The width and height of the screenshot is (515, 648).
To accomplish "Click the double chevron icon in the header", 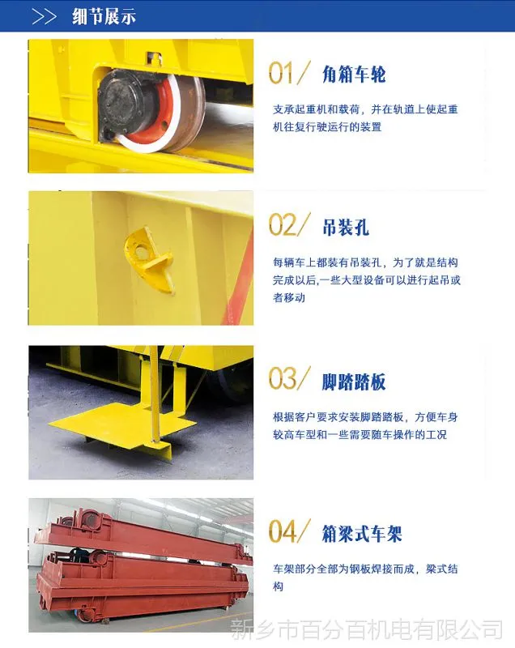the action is (44, 17).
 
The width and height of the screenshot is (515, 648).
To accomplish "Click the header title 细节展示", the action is (104, 17).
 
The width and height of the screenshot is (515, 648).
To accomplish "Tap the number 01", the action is (280, 73).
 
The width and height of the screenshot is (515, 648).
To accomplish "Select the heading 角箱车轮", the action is (354, 75).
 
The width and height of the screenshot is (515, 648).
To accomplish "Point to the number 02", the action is (283, 225).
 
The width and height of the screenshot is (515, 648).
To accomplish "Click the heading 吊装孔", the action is (346, 228).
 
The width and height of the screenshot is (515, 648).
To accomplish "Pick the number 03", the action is (283, 378).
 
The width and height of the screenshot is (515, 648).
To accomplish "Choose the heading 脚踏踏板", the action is (354, 382).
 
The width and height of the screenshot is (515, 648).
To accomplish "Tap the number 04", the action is (283, 531).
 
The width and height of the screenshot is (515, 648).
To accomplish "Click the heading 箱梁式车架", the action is (362, 534).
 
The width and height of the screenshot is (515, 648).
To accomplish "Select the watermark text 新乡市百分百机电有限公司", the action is (367, 630).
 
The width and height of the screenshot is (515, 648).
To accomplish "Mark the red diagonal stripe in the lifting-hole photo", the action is (238, 281).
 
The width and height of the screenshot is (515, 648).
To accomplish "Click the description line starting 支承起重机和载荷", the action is (365, 109).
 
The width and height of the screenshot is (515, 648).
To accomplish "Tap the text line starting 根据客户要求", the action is (365, 417).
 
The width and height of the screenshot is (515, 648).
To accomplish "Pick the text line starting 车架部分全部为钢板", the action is (365, 569).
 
